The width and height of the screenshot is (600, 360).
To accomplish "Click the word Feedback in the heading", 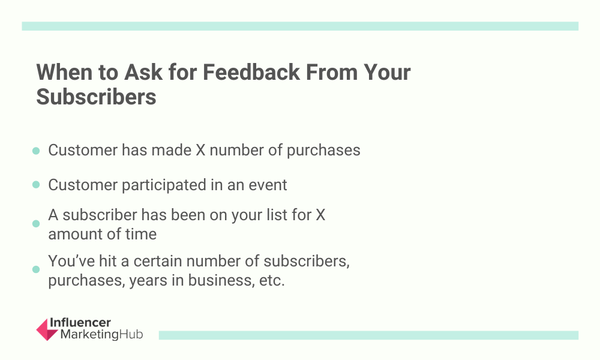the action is [251, 72].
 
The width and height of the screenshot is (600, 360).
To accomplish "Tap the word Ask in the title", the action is [143, 72].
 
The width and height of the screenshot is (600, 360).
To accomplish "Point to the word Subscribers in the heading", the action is [96, 97].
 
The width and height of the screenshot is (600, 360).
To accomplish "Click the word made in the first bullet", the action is [172, 150].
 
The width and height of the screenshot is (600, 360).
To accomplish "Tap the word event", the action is [268, 185].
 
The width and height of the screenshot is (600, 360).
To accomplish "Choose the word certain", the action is [158, 261].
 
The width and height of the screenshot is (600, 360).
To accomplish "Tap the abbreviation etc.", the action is [272, 280].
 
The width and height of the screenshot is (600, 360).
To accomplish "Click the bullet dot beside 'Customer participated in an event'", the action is [36, 185].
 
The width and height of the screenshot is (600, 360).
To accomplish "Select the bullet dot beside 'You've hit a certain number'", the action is [36, 269].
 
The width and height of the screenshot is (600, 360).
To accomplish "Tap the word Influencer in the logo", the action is [80, 323].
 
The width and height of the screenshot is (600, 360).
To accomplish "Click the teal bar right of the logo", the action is [368, 335].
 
